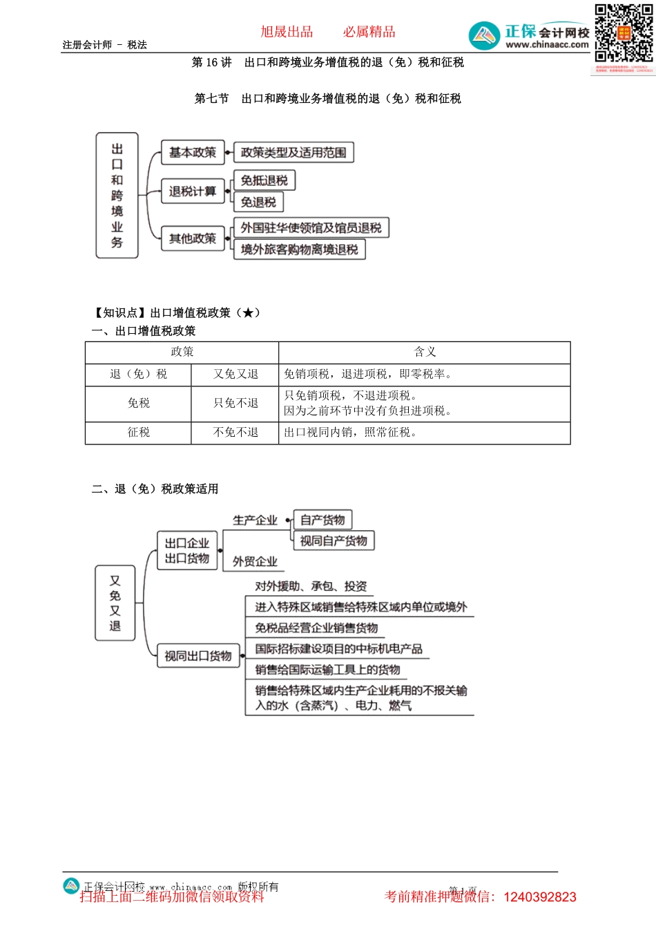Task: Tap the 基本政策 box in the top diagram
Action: click(193, 153)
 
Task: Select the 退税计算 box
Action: click(193, 191)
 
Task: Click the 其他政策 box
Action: click(193, 238)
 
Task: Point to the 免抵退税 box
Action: click(264, 181)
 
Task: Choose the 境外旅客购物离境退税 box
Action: click(300, 250)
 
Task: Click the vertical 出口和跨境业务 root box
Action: click(117, 196)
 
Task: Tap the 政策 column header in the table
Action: click(182, 352)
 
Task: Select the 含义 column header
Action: click(425, 352)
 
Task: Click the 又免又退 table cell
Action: click(235, 374)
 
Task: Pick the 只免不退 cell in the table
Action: click(235, 403)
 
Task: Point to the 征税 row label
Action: click(138, 432)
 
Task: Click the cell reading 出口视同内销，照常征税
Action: click(351, 432)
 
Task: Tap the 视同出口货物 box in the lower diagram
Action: click(198, 656)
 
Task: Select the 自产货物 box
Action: click(322, 520)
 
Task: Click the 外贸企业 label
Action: click(255, 561)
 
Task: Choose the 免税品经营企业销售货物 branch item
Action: click(316, 628)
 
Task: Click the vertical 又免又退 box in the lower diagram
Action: click(115, 603)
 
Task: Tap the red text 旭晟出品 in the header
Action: click(287, 32)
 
